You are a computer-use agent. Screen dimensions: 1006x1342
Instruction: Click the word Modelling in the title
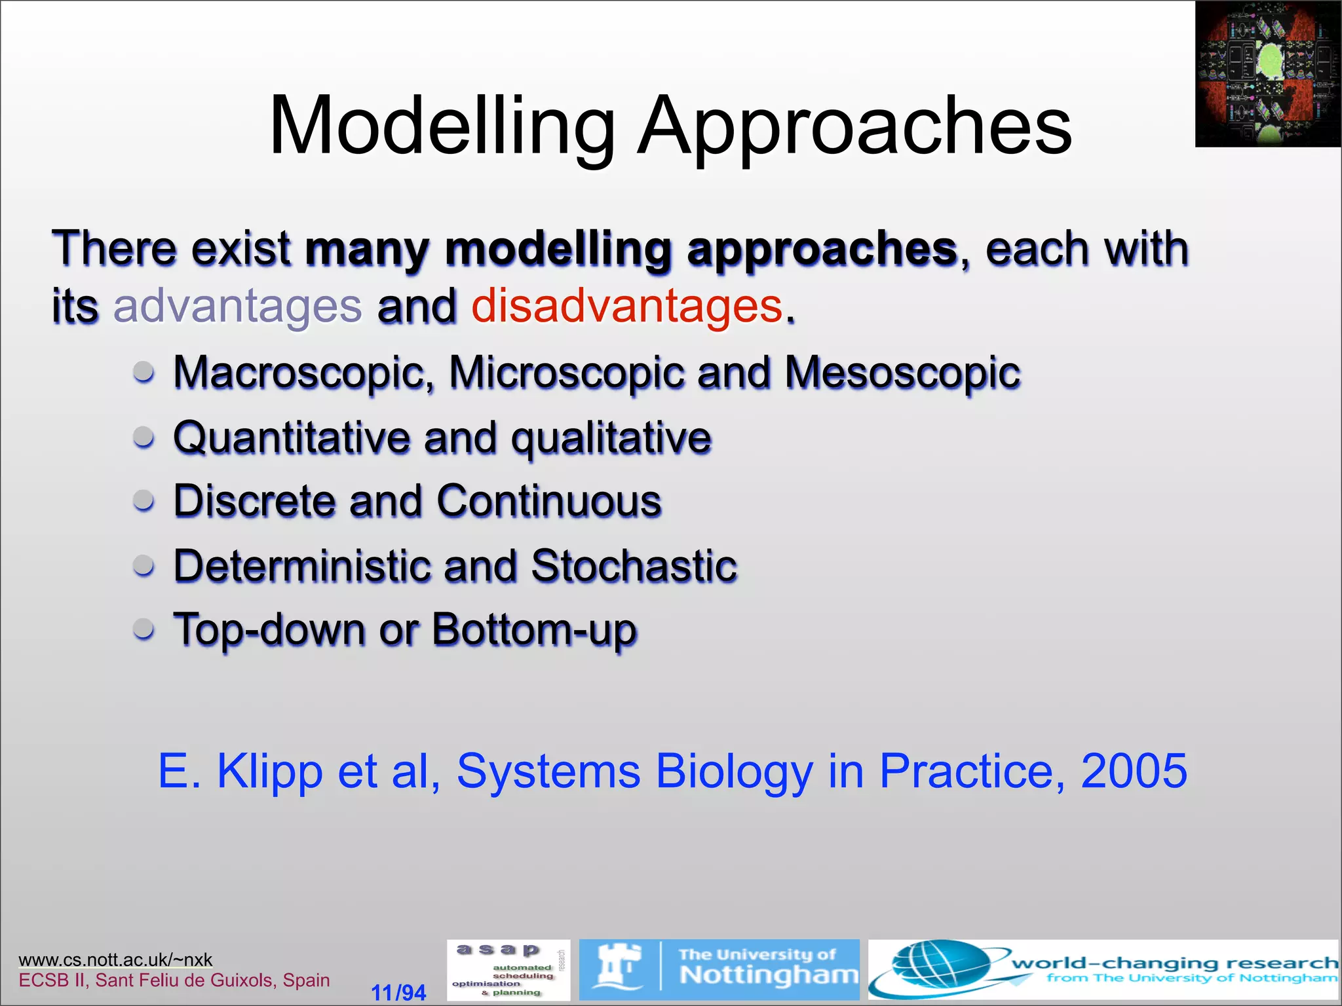(x=442, y=126)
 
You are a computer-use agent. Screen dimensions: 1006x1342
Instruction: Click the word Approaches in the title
(x=854, y=126)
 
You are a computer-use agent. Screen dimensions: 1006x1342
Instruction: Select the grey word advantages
(x=237, y=307)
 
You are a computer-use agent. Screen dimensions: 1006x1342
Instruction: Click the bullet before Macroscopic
(x=144, y=372)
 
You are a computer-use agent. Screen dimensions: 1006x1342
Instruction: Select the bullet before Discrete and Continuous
(x=144, y=501)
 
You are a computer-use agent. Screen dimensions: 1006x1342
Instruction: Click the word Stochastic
(x=634, y=565)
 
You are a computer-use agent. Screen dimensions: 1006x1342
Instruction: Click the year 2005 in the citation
(x=1133, y=771)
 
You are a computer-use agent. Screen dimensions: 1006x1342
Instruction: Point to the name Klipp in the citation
(x=269, y=771)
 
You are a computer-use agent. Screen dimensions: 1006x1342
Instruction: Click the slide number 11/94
(x=398, y=992)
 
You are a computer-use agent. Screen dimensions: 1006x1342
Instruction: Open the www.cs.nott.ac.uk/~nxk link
(x=115, y=959)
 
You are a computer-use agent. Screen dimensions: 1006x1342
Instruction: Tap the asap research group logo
(x=508, y=970)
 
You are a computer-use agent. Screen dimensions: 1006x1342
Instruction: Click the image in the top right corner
(x=1267, y=73)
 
